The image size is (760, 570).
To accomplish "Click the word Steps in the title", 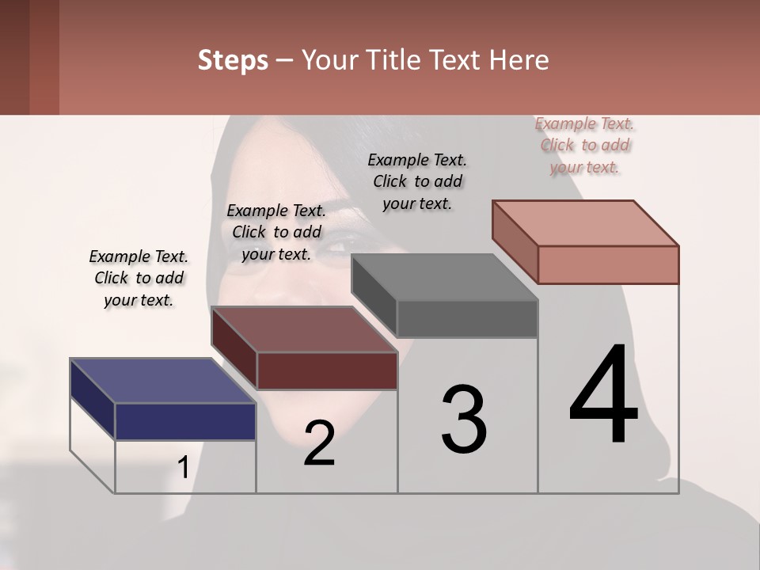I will tap(233, 60).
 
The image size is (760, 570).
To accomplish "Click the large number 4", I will tap(603, 396).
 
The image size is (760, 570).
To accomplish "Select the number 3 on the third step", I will tap(464, 420).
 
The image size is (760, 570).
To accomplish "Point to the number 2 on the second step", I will tap(319, 443).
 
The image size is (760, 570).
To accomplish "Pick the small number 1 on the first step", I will tap(183, 468).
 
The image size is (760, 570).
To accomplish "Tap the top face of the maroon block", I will tap(304, 329).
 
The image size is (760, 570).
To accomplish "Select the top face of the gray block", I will tap(444, 277).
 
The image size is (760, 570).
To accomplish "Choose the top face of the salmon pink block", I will tap(585, 223).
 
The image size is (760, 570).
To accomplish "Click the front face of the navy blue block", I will tap(185, 421).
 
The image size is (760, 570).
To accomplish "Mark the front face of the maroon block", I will tap(327, 370).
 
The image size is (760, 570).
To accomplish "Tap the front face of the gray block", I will tap(467, 318).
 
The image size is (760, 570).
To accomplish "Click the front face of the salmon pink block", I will tap(608, 264).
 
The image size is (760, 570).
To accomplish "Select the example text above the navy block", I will tap(139, 278).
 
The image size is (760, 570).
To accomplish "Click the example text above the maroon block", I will tap(276, 232).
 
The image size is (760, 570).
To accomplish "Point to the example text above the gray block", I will tap(417, 181).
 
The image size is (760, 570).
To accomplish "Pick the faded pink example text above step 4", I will tap(585, 145).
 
